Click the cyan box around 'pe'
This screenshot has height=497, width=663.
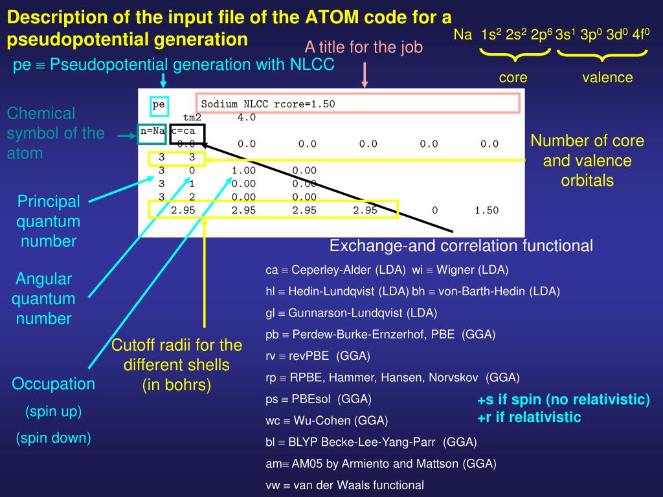159,104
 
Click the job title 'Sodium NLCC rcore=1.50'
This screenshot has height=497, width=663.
268,104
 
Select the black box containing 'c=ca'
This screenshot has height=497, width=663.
187,131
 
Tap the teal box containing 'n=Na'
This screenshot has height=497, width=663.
153,131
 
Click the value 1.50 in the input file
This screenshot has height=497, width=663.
486,210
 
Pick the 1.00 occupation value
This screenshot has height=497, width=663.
243,170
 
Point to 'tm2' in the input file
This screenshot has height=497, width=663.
192,117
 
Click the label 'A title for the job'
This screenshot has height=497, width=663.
364,47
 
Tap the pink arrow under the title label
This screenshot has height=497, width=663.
365,74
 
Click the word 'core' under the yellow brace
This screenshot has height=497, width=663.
513,78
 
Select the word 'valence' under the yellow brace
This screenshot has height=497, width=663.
607,78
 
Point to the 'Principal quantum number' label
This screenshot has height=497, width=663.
49,221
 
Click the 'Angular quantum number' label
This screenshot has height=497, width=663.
45,299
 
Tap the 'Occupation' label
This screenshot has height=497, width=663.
53,384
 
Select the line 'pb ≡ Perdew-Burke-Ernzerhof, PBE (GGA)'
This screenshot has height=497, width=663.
380,335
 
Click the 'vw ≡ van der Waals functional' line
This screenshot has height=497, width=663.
344,485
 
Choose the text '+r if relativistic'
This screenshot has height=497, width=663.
529,417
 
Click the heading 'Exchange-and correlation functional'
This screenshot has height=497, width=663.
461,246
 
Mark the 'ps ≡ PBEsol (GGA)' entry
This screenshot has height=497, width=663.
319,399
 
